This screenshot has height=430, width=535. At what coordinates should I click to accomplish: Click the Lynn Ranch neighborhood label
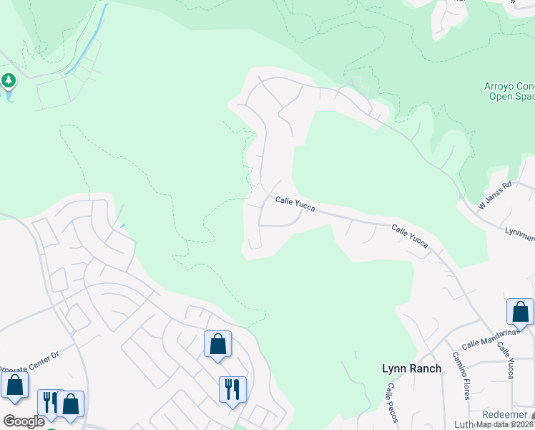[411, 368]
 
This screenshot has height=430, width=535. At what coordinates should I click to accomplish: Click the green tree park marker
[9, 81]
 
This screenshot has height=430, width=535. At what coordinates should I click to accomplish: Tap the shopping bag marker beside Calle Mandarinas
[520, 312]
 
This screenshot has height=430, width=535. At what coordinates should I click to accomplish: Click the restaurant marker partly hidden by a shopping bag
[49, 402]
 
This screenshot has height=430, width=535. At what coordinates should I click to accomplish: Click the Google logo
[24, 421]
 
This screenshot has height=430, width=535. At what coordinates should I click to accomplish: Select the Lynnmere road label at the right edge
[520, 234]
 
